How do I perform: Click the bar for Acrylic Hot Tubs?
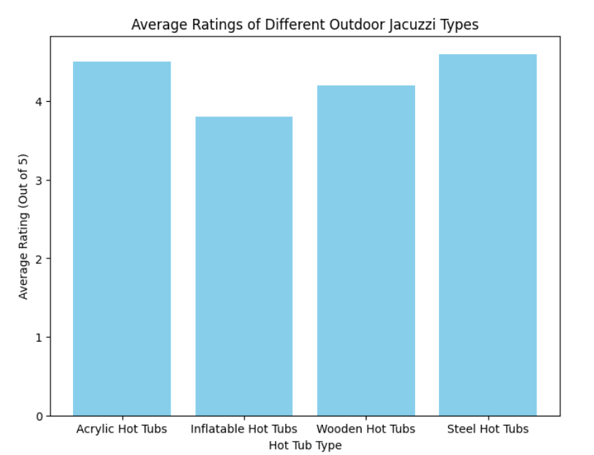121,239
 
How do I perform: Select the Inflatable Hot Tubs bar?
244,266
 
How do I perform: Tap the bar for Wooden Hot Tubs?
366,251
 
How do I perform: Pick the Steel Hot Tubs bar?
488,235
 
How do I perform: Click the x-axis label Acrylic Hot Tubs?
121,428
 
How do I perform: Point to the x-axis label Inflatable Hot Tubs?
244,428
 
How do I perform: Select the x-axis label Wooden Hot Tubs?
366,428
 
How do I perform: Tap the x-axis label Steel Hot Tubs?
488,428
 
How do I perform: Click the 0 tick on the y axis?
39,416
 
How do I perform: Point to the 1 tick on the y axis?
39,338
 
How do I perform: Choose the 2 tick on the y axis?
39,259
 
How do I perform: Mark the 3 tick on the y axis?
39,180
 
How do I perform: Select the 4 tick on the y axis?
39,102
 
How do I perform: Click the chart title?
305,25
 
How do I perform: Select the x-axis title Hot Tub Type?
305,444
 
